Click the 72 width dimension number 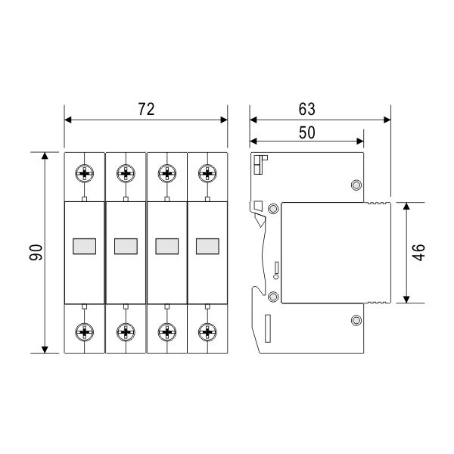pyautogui.click(x=146, y=109)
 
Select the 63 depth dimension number pyautogui.click(x=306, y=109)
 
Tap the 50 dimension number pyautogui.click(x=306, y=132)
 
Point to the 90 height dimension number pyautogui.click(x=36, y=253)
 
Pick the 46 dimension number pyautogui.click(x=418, y=253)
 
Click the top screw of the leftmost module pyautogui.click(x=85, y=173)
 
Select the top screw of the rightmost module pyautogui.click(x=207, y=173)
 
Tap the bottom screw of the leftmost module pyautogui.click(x=85, y=332)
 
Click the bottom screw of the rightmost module pyautogui.click(x=207, y=332)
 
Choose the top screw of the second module pyautogui.click(x=126, y=173)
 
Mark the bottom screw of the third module pyautogui.click(x=167, y=332)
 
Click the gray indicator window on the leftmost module pyautogui.click(x=84, y=247)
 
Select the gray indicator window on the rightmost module pyautogui.click(x=207, y=247)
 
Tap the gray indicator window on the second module pyautogui.click(x=126, y=247)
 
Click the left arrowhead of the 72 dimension pyautogui.click(x=68, y=120)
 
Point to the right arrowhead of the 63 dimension pyautogui.click(x=387, y=120)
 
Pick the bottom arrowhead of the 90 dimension pyautogui.click(x=45, y=350)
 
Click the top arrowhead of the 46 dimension pyautogui.click(x=406, y=206)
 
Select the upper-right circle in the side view pyautogui.click(x=356, y=185)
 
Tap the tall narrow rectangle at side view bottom pyautogui.click(x=268, y=328)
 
